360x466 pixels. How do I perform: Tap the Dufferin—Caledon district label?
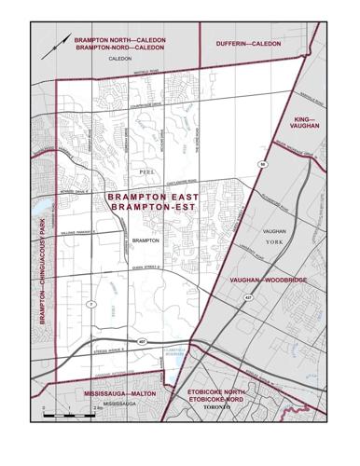click(x=248, y=44)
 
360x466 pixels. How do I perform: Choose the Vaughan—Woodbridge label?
click(x=264, y=280)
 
